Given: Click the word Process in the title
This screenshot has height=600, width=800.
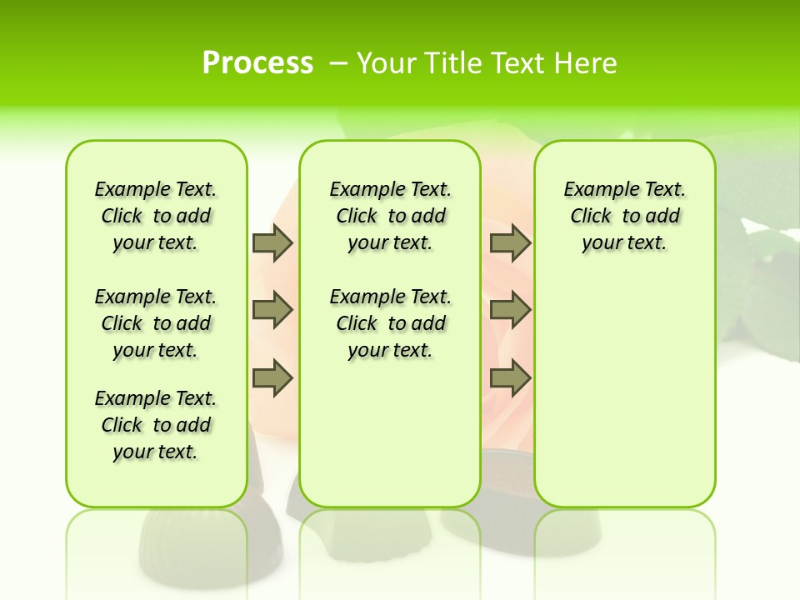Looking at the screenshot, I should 257,63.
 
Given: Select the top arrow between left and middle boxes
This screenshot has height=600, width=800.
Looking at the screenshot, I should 272,242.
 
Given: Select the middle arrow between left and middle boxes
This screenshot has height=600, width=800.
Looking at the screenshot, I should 272,310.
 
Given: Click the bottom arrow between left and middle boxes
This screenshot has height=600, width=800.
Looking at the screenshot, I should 272,378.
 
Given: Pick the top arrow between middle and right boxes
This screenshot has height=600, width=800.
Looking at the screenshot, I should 510,242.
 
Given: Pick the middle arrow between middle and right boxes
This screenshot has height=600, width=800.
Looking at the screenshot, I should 510,310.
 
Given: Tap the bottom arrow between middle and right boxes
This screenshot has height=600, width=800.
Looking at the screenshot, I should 510,378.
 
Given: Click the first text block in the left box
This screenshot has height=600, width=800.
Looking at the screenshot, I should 156,216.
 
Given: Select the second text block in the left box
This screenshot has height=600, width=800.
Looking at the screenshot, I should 156,323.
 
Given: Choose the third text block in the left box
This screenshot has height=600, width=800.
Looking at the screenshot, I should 156,425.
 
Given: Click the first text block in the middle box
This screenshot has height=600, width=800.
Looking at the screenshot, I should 390,216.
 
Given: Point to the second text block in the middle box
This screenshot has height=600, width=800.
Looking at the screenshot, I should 390,323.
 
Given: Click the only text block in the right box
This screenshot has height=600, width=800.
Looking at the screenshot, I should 624,216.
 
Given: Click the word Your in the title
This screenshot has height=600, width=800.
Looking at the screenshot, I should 388,63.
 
